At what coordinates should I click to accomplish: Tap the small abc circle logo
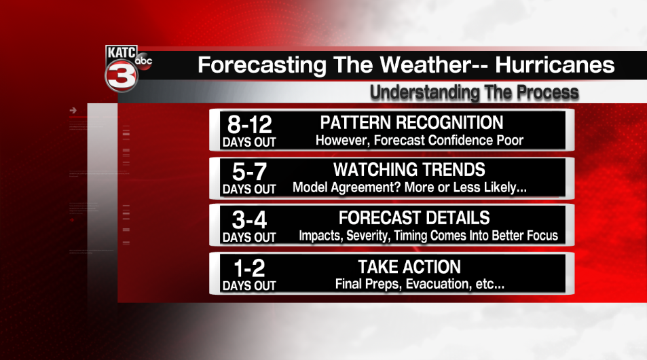pos(143,62)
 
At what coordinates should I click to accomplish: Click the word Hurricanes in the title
pos(554,65)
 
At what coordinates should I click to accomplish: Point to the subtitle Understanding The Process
pos(474,92)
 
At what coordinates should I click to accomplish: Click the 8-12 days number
pos(249,125)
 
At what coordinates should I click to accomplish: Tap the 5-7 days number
pos(249,173)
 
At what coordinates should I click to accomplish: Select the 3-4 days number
pos(249,221)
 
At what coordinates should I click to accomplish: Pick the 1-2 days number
pos(249,269)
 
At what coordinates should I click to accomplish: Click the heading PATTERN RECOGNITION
pos(411,123)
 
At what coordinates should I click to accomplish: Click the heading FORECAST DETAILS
pos(414,219)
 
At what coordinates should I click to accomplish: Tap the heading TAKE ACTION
pos(409,267)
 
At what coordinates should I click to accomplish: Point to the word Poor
pos(509,140)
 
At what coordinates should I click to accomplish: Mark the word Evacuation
pos(434,284)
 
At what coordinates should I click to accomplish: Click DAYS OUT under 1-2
pos(249,286)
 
